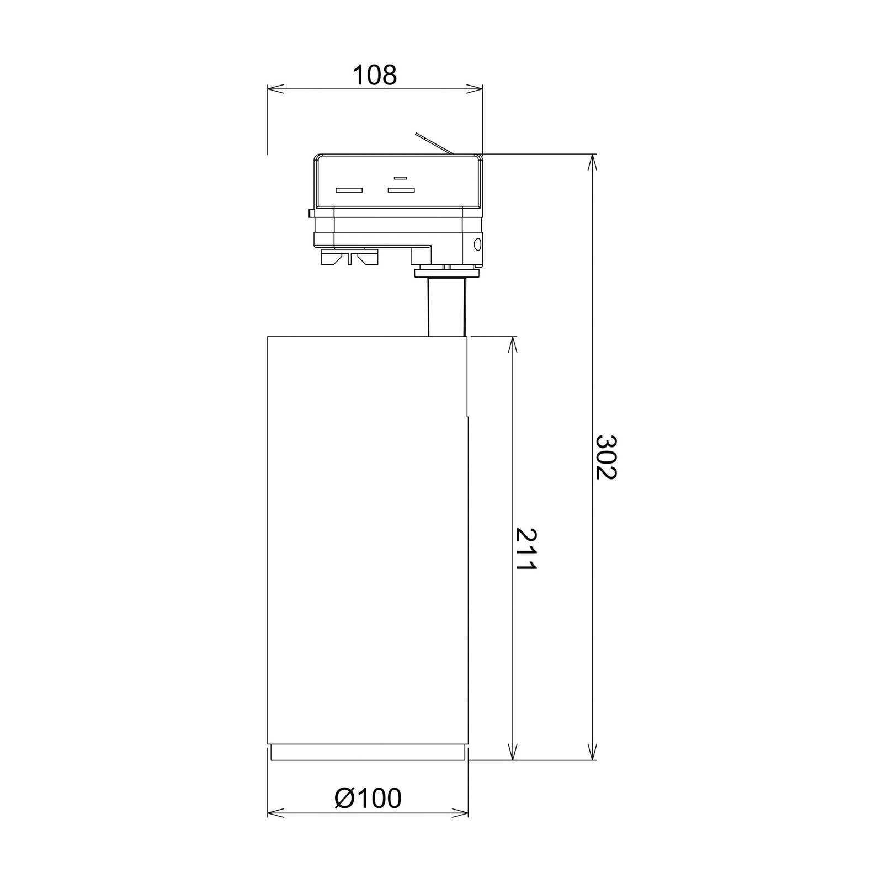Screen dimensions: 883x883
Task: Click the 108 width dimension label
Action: click(374, 75)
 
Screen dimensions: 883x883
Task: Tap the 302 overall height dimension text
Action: click(606, 457)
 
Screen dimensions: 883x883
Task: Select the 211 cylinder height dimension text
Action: click(525, 549)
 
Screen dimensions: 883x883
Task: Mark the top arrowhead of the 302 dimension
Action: click(593, 162)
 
